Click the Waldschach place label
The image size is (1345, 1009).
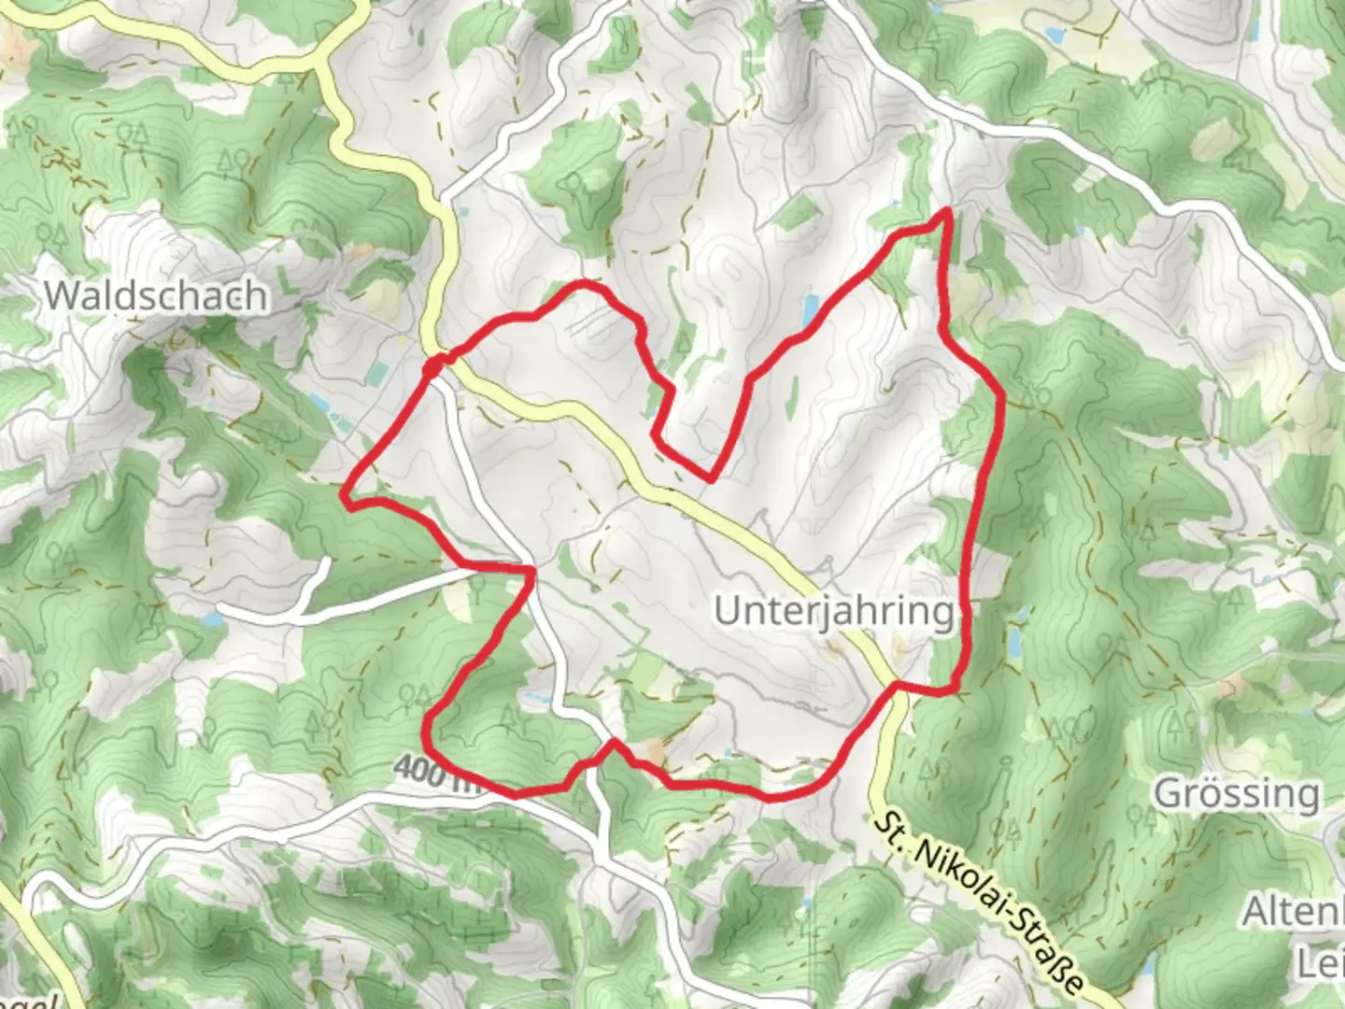point(156,296)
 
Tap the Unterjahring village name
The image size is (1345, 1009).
point(835,612)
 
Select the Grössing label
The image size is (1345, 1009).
point(1237,794)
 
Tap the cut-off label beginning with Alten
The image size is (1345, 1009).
point(1294,912)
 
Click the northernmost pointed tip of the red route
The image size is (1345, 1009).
point(948,211)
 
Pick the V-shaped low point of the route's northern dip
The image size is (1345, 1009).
point(711,479)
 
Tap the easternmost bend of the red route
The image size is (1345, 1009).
point(1002,397)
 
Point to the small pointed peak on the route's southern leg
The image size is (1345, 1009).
point(613,742)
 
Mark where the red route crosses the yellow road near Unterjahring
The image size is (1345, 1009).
point(896,686)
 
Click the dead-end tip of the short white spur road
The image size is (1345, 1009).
point(326,561)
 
